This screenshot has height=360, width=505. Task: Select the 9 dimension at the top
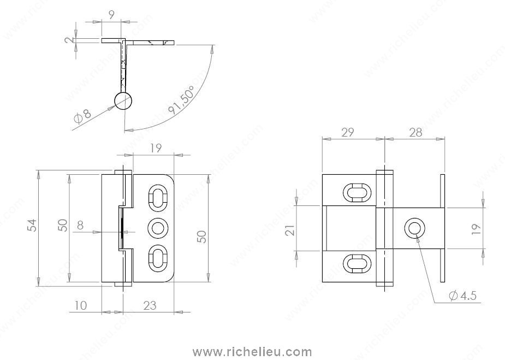click(111, 15)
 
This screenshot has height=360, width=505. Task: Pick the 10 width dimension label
click(80, 305)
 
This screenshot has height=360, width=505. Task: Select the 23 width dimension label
click(148, 305)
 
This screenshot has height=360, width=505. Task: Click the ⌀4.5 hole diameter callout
click(463, 296)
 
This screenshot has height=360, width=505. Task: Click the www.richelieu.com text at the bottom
click(253, 352)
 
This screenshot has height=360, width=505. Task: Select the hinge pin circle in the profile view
click(123, 101)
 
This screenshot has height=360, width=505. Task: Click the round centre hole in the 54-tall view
click(158, 228)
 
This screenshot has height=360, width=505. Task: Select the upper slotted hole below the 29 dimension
click(355, 193)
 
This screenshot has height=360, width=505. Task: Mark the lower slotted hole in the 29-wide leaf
click(355, 263)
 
